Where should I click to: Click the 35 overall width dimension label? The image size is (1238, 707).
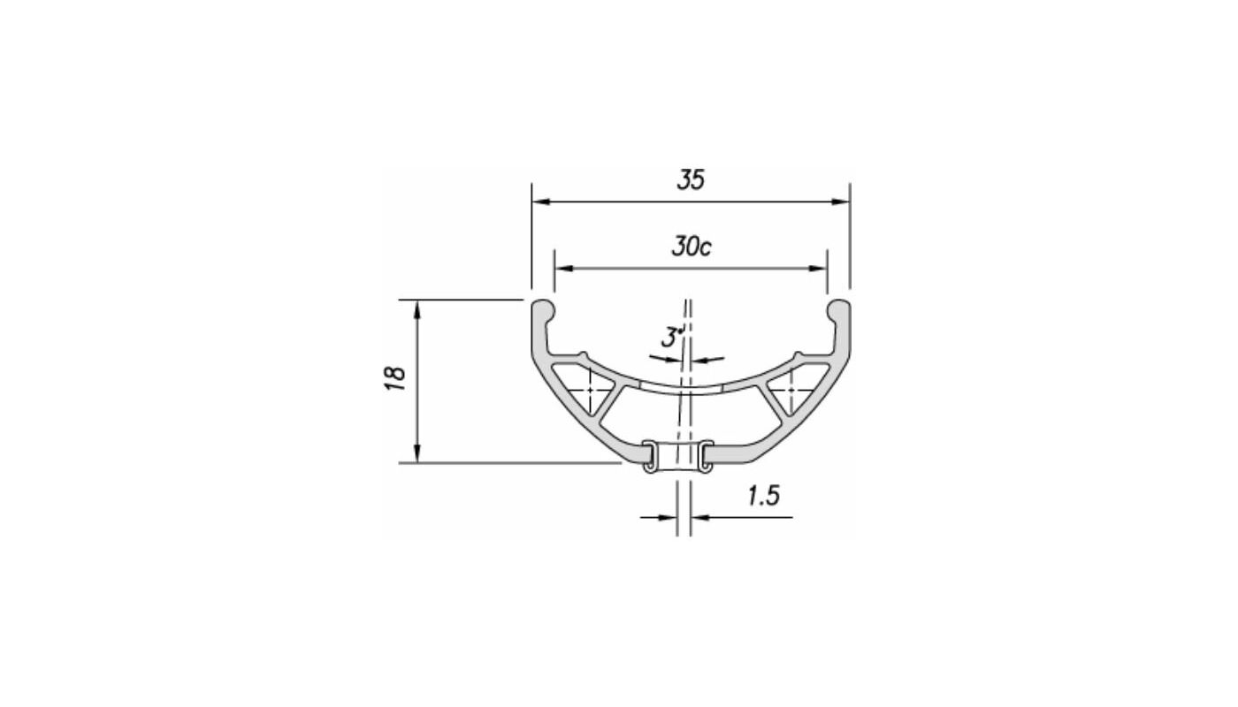point(691,179)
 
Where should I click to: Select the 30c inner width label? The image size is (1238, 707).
point(691,247)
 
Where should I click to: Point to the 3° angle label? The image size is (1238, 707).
point(673,337)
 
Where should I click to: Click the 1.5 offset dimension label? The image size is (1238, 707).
point(763,496)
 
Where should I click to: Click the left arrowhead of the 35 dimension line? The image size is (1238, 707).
point(539,201)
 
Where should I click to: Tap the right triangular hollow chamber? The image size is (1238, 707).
point(792,390)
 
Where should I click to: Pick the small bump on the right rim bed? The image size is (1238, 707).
point(799,355)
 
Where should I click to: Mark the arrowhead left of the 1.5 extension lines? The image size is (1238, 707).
point(669,517)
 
